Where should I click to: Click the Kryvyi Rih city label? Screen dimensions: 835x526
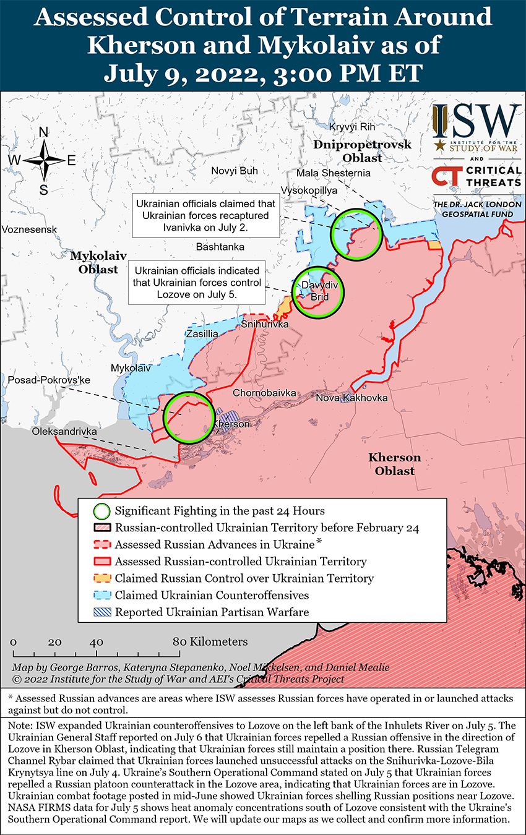point(352,127)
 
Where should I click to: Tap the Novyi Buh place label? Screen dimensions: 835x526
point(235,171)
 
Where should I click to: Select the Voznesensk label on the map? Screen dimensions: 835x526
point(29,229)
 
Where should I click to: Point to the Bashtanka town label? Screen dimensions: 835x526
point(220,247)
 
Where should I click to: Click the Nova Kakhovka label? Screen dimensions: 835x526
point(351,398)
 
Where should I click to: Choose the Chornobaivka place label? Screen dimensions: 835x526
point(264,393)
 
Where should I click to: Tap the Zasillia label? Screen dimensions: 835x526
point(202,334)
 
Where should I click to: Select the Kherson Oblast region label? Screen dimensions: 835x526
point(394,464)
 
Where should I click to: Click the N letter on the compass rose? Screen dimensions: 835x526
point(44,132)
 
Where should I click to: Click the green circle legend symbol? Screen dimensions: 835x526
point(101,512)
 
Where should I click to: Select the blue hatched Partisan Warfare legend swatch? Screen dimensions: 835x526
point(101,612)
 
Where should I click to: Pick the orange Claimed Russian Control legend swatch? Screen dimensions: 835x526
point(101,579)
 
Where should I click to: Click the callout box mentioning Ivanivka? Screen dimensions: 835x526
point(205,215)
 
